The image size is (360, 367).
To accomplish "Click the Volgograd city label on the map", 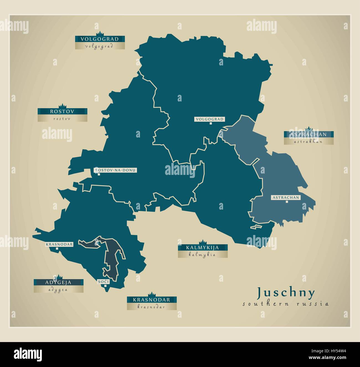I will click(209, 119).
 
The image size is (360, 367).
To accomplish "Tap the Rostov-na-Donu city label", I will click(115, 170).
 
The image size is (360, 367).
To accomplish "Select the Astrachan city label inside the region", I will click(286, 197).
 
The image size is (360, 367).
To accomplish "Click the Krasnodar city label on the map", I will click(59, 244).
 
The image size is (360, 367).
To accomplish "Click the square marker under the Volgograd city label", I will click(210, 123).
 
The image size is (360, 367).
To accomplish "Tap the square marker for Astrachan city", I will click(287, 202).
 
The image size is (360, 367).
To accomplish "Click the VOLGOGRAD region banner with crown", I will click(100, 39).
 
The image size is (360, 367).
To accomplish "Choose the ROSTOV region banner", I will click(62, 111).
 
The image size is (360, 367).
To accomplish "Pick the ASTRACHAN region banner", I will click(308, 134).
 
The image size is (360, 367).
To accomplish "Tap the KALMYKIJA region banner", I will click(203, 248).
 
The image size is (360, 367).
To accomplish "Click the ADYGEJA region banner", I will click(58, 282).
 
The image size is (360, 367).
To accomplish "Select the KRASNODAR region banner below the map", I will click(152, 300).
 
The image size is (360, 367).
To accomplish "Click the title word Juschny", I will click(286, 292).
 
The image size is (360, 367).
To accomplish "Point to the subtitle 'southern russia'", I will click(286, 304).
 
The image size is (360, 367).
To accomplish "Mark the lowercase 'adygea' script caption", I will click(58, 289).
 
